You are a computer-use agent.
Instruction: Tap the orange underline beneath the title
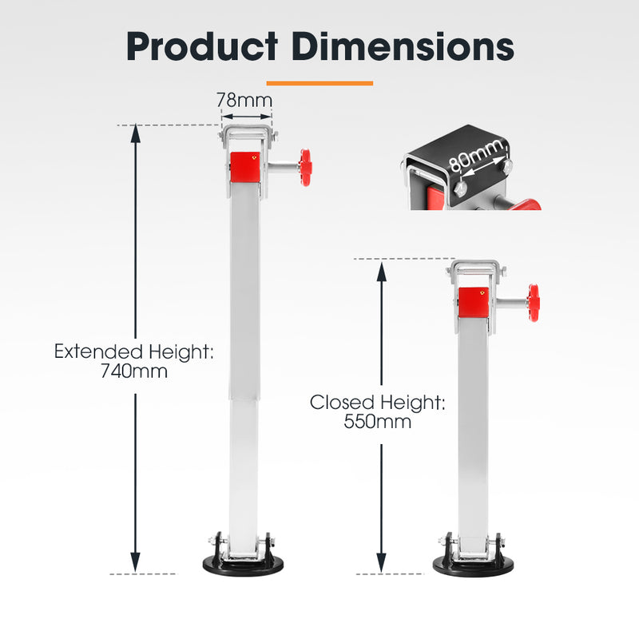[x=319, y=82]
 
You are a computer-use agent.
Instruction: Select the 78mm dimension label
[x=244, y=101]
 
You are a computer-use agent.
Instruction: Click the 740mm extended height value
[x=134, y=371]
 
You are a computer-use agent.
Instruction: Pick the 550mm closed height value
[x=378, y=423]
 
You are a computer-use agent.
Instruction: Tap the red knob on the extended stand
[x=305, y=167]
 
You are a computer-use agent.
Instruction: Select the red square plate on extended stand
[x=245, y=168]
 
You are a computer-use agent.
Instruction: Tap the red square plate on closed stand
[x=474, y=302]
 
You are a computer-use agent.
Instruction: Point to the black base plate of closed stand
[x=474, y=566]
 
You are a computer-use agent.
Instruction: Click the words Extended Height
[x=134, y=351]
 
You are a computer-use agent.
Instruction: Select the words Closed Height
[x=378, y=403]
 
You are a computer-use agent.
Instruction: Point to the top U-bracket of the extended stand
[x=248, y=133]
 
